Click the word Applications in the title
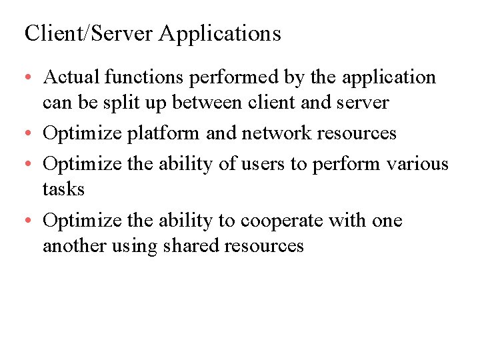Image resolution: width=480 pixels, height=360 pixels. [220, 33]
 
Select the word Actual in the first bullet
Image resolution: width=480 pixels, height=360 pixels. [71, 77]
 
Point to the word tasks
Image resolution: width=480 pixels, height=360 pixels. [63, 189]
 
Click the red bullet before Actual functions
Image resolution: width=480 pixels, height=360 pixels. [31, 79]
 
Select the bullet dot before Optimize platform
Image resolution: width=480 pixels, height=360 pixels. [31, 134]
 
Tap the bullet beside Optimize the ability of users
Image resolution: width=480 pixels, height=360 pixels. [31, 164]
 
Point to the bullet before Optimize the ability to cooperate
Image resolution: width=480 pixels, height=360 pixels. [31, 221]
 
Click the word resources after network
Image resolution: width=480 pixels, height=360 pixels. [357, 133]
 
